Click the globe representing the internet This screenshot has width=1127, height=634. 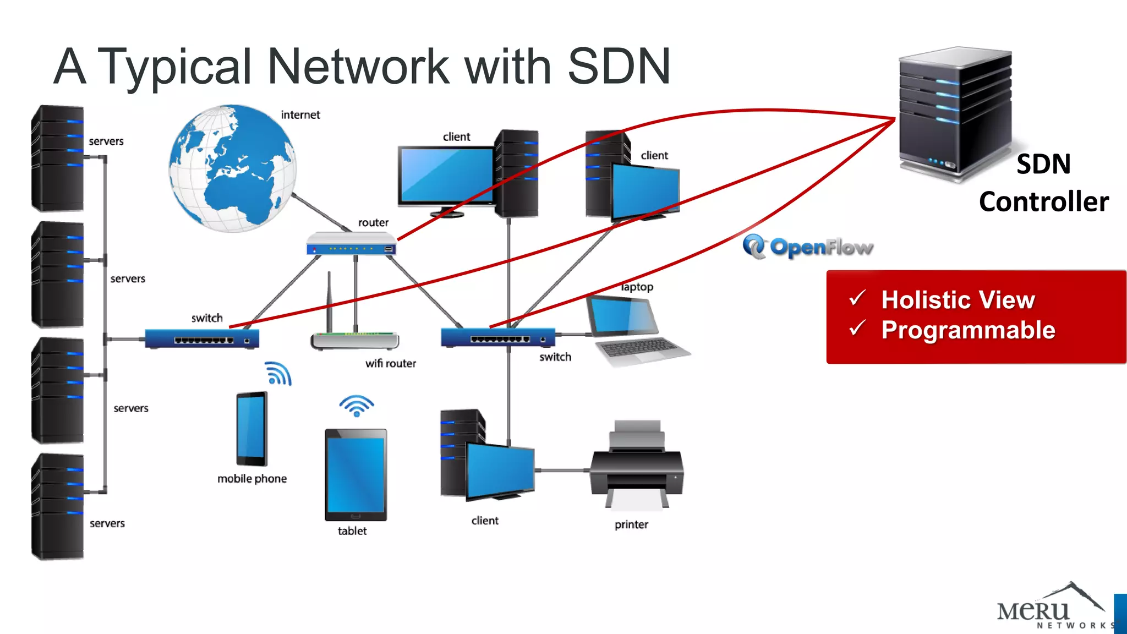(x=232, y=168)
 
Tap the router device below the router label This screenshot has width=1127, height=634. (x=351, y=244)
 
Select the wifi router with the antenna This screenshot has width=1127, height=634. (x=354, y=340)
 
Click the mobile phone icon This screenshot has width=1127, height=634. (x=251, y=429)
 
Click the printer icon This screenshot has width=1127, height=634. (x=637, y=468)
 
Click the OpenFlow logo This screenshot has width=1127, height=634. (x=808, y=247)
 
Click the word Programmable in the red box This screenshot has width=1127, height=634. (x=968, y=330)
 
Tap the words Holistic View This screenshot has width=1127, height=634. (x=958, y=300)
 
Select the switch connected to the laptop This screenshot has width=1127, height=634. (x=497, y=337)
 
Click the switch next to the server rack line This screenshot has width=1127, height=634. (x=201, y=338)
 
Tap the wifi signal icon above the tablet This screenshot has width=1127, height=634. (x=356, y=406)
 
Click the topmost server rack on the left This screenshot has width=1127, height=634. (x=58, y=158)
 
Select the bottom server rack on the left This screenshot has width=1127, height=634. (x=58, y=506)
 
